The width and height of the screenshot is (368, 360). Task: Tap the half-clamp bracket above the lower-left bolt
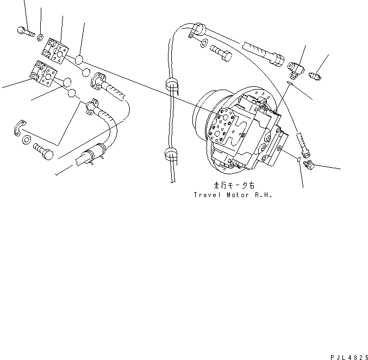click(19, 128)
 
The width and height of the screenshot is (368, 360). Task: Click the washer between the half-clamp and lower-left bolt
click(26, 141)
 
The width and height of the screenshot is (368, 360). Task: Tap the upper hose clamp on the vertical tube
click(173, 85)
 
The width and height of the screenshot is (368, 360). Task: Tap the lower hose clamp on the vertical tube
click(170, 154)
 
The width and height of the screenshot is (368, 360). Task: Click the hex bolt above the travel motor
click(219, 55)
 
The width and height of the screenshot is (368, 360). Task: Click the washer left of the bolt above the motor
click(203, 43)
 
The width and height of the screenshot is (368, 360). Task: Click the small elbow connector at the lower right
click(308, 163)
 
